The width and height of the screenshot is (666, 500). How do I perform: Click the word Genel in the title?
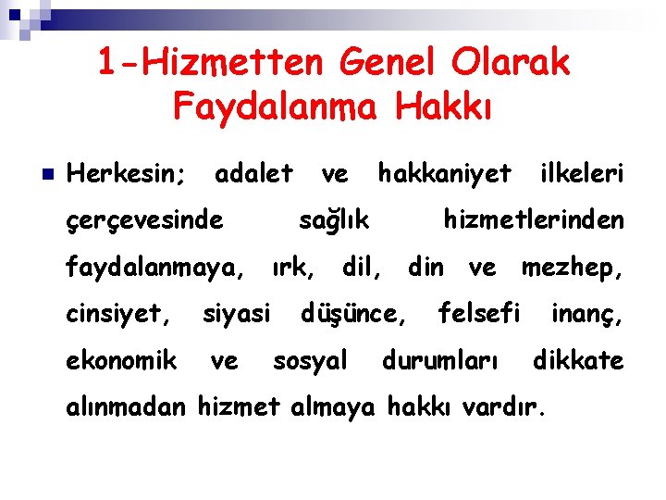tap(392, 63)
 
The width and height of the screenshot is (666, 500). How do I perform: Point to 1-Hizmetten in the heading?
tap(212, 63)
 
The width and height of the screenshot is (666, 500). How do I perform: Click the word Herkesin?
tap(128, 173)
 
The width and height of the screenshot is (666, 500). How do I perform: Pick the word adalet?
tap(253, 173)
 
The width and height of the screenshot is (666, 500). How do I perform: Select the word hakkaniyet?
tap(444, 173)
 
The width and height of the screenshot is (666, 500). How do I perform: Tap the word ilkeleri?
tap(582, 173)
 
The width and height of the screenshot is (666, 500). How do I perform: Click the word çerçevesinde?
tap(145, 220)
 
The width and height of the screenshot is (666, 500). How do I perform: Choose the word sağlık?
tap(334, 220)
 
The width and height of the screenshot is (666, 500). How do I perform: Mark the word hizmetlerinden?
tap(534, 220)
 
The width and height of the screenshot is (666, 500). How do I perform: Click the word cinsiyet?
tap(118, 315)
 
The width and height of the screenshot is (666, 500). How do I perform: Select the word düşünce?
tap(353, 315)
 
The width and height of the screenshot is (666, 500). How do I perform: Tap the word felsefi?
tap(479, 314)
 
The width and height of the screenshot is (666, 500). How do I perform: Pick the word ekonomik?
tap(121, 360)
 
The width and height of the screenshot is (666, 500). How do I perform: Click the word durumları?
tap(440, 360)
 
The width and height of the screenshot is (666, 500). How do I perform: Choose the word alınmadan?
tap(127, 406)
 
